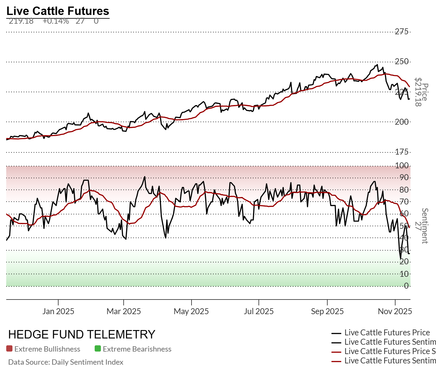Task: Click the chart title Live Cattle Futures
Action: [58, 11]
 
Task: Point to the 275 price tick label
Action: [401, 31]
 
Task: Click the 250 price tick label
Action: [401, 61]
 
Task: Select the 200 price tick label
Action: [401, 122]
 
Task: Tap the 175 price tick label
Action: [401, 152]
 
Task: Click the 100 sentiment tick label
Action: [401, 165]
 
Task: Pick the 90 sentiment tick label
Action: [404, 178]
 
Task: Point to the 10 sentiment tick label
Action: [404, 274]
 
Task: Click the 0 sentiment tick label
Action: [406, 286]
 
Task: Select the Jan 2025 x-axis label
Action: [58, 311]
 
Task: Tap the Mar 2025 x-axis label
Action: [124, 311]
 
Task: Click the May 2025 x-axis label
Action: [191, 311]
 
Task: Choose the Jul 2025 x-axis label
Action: [259, 311]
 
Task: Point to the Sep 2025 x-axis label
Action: [327, 311]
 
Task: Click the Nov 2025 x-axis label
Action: [395, 311]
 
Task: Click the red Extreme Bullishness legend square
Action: [9, 349]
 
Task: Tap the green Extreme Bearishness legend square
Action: [98, 349]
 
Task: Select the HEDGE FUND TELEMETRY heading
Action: [82, 334]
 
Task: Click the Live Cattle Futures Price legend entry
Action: [387, 333]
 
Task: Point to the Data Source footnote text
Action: [66, 362]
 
